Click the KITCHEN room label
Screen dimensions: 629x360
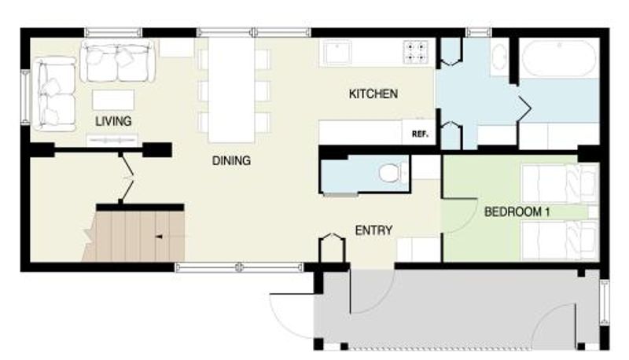pos(373,94)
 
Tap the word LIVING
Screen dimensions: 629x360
pos(113,121)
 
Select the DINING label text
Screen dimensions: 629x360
pos(231,161)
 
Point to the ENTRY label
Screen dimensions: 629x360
pos(373,230)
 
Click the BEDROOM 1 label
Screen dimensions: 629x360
pos(517,211)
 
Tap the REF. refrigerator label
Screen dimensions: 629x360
pos(420,134)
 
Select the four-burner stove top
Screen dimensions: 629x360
pos(416,53)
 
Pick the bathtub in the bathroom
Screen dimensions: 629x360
pos(560,58)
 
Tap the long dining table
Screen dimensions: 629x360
pos(231,90)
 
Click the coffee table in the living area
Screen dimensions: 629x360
pos(113,100)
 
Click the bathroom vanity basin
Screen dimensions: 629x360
pos(499,57)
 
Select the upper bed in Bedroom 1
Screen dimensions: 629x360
pos(560,184)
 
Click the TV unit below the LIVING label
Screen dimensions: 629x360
pos(112,141)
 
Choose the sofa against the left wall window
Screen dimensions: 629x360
pos(54,94)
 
